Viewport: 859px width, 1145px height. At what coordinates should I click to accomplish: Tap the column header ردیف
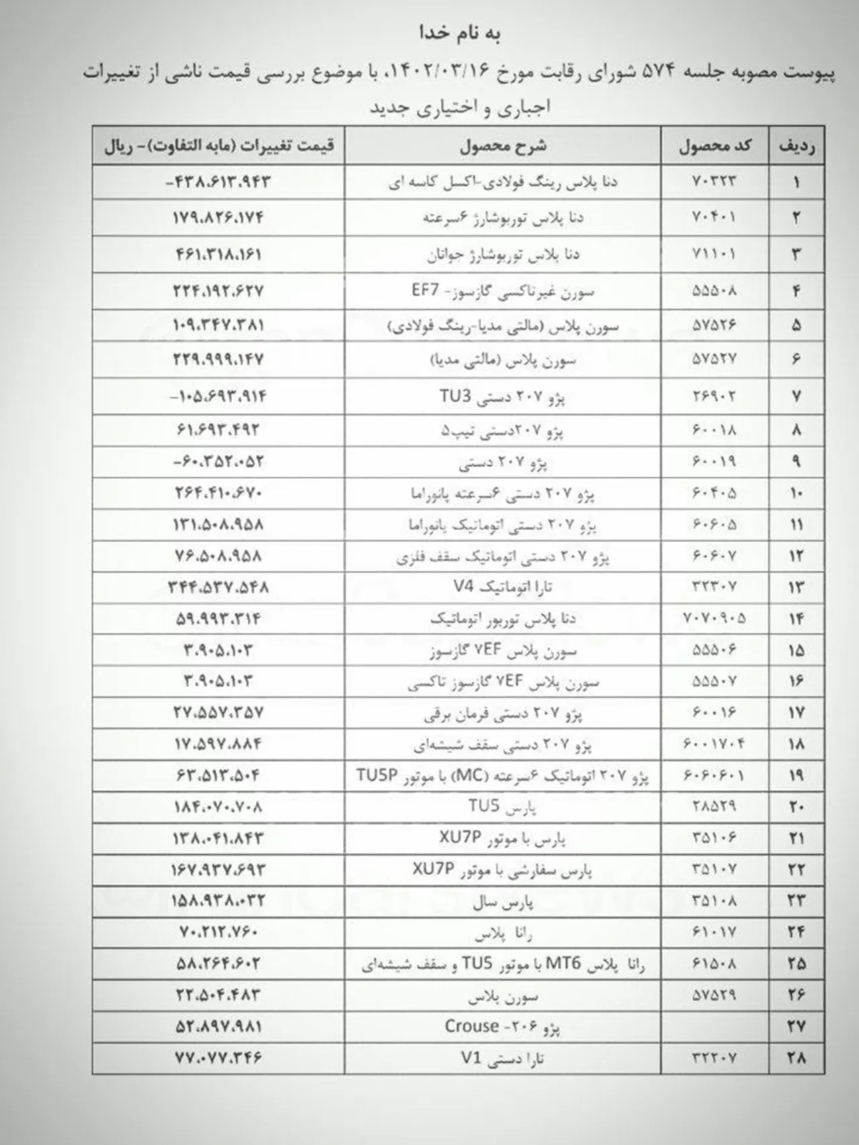(797, 146)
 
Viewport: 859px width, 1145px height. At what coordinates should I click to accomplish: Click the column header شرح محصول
(503, 146)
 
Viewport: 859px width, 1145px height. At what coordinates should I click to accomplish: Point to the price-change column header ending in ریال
(219, 146)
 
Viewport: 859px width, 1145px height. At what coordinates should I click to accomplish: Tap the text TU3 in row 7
(455, 396)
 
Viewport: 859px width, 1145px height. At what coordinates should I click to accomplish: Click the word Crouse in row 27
(472, 1026)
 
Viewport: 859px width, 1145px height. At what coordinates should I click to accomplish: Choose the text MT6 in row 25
(566, 964)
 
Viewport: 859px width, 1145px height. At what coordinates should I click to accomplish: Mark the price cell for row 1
(218, 182)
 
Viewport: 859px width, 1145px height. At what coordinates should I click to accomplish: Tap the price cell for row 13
(218, 587)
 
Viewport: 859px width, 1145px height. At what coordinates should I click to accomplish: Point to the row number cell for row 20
(797, 806)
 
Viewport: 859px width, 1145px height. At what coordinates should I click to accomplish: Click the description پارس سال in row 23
(503, 902)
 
